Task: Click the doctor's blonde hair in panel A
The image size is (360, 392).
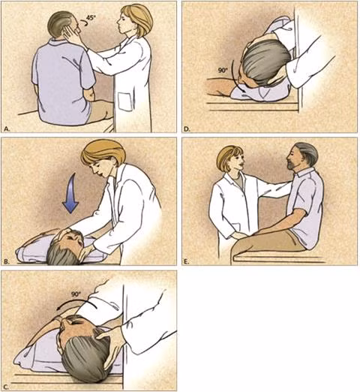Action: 139,17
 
